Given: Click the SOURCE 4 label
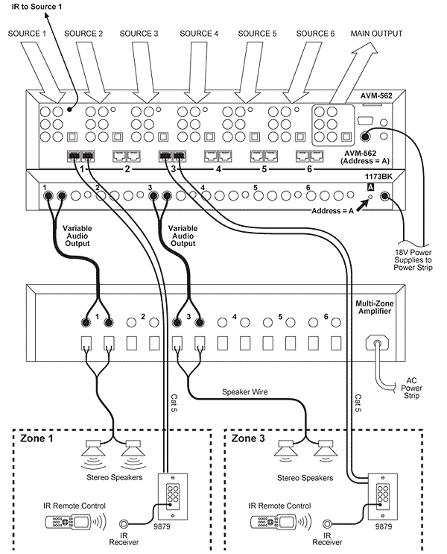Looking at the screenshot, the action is [199, 34].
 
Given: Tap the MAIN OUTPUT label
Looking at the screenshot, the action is [376, 34].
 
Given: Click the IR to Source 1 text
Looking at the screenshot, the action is [37, 7].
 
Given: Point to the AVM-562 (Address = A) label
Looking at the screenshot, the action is [365, 157].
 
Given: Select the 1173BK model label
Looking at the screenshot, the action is [378, 176].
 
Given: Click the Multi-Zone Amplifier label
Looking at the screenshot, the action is [374, 307].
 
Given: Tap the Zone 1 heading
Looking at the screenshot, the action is [37, 438].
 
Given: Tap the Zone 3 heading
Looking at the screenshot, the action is [248, 438].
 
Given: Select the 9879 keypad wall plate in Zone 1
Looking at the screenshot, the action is [172, 497].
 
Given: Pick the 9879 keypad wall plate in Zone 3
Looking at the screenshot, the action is [383, 497].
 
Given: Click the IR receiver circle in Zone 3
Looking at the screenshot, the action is [327, 523].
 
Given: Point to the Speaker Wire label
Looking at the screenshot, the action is [244, 392].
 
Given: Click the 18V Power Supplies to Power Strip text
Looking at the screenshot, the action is [413, 260].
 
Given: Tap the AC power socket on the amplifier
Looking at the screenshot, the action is [377, 343].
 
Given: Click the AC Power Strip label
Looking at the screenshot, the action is [412, 388].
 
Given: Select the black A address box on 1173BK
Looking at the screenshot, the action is [370, 187].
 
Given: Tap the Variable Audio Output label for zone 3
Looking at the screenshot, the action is [183, 236].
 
